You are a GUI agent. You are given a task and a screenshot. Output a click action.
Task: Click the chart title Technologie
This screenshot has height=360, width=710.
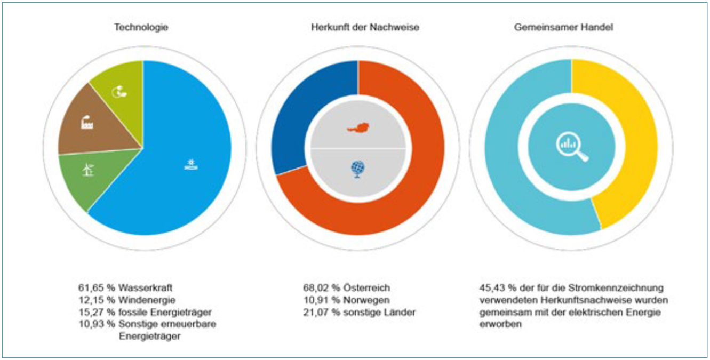(141, 27)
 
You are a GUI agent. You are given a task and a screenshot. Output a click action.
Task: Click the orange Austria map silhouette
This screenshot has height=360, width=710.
(358, 129)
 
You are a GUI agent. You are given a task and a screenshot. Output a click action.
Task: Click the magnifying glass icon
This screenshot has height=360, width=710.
(571, 147)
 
